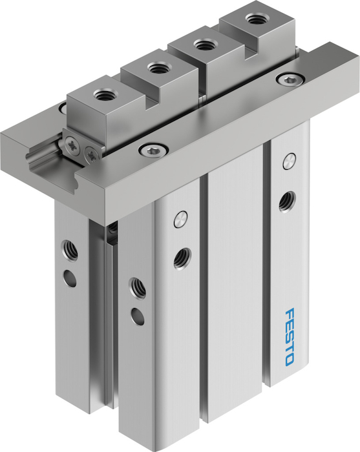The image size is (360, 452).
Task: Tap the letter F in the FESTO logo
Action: click(290, 314)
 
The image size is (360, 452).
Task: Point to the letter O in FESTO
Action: click(290, 360)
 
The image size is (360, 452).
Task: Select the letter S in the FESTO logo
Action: click(290, 337)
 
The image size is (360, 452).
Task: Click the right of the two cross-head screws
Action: click(90, 152)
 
